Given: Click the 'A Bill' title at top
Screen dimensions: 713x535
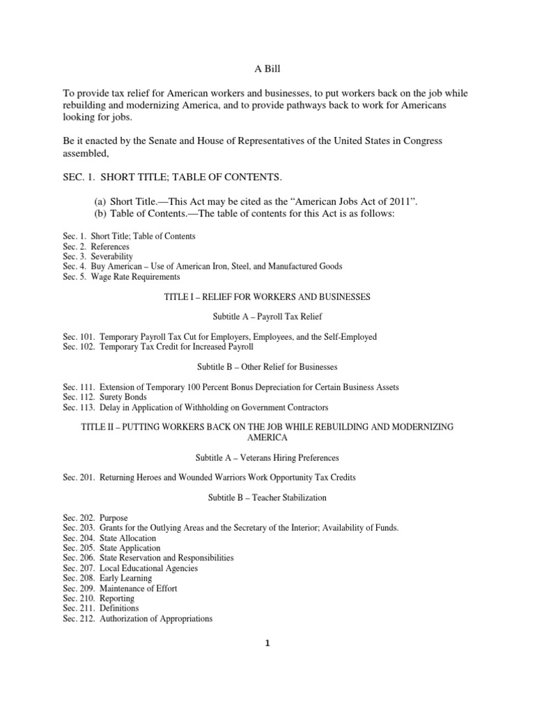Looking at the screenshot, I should pyautogui.click(x=267, y=70).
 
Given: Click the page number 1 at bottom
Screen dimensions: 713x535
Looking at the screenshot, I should pyautogui.click(x=267, y=643).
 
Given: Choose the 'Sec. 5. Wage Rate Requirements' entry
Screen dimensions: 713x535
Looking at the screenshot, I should pyautogui.click(x=111, y=276).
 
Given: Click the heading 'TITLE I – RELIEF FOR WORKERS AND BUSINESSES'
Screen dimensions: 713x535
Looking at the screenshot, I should pyautogui.click(x=267, y=297).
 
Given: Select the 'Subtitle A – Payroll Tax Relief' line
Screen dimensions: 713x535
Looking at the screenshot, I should pyautogui.click(x=267, y=317).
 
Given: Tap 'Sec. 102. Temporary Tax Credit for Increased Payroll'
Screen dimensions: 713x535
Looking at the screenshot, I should pyautogui.click(x=158, y=347).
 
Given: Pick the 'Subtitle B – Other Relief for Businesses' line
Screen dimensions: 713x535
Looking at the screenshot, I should pyautogui.click(x=267, y=367).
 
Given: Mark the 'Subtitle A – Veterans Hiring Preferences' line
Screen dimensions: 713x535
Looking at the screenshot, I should pyautogui.click(x=267, y=457).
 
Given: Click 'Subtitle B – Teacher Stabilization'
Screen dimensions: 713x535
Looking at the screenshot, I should pyautogui.click(x=267, y=498).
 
